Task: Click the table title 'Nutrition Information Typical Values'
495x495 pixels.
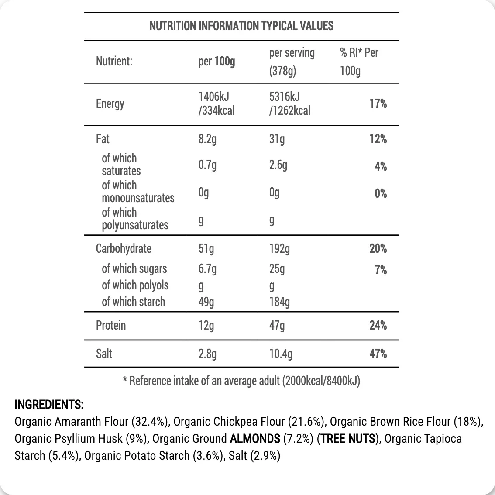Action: click(x=241, y=26)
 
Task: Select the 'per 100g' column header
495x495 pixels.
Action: click(x=217, y=62)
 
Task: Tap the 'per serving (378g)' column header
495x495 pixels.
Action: click(x=292, y=62)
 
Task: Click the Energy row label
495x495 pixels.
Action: click(x=110, y=104)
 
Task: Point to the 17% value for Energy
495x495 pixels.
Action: click(x=378, y=104)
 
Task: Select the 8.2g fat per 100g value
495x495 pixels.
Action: click(x=207, y=139)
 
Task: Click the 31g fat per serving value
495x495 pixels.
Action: click(x=277, y=139)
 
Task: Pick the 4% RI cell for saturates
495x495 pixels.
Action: click(x=381, y=166)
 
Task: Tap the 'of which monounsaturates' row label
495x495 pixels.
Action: click(x=137, y=192)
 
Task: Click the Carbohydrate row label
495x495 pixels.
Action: click(x=124, y=249)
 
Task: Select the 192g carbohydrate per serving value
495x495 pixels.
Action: click(x=279, y=249)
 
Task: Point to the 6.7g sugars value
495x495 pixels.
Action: click(x=207, y=269)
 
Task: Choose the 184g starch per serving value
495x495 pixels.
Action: click(x=279, y=302)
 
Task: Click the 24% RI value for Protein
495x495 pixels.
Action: click(x=378, y=326)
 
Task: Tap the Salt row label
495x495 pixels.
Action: click(x=104, y=354)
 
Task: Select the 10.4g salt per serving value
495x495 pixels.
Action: click(x=281, y=354)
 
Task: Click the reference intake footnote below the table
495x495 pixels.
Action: click(x=241, y=381)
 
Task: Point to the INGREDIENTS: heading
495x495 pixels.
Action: click(x=49, y=405)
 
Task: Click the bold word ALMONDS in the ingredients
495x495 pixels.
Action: click(x=255, y=439)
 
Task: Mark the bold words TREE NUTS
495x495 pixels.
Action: click(x=348, y=439)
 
